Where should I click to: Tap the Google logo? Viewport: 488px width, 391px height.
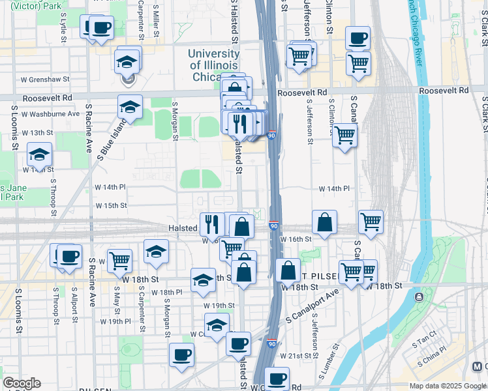(x=22, y=383)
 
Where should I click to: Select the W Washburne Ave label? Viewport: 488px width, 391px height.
(x=51, y=113)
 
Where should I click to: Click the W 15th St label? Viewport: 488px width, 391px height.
(x=110, y=205)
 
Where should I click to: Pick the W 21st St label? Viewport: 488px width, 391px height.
(x=296, y=356)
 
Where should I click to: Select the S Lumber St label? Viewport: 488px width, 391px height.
(x=322, y=366)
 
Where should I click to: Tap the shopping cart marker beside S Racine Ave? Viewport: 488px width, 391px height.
(x=119, y=260)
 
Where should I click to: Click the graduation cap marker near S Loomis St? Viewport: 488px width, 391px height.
(x=39, y=154)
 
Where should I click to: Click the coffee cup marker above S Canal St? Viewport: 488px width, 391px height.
(x=357, y=38)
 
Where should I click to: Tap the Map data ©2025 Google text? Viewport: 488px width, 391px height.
(x=447, y=386)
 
